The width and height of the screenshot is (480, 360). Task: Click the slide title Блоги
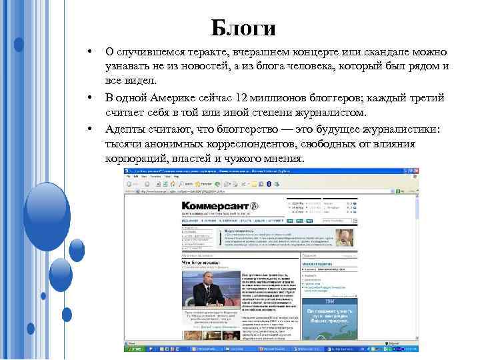tap(243, 27)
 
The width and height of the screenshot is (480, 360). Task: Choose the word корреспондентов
tap(251, 144)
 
